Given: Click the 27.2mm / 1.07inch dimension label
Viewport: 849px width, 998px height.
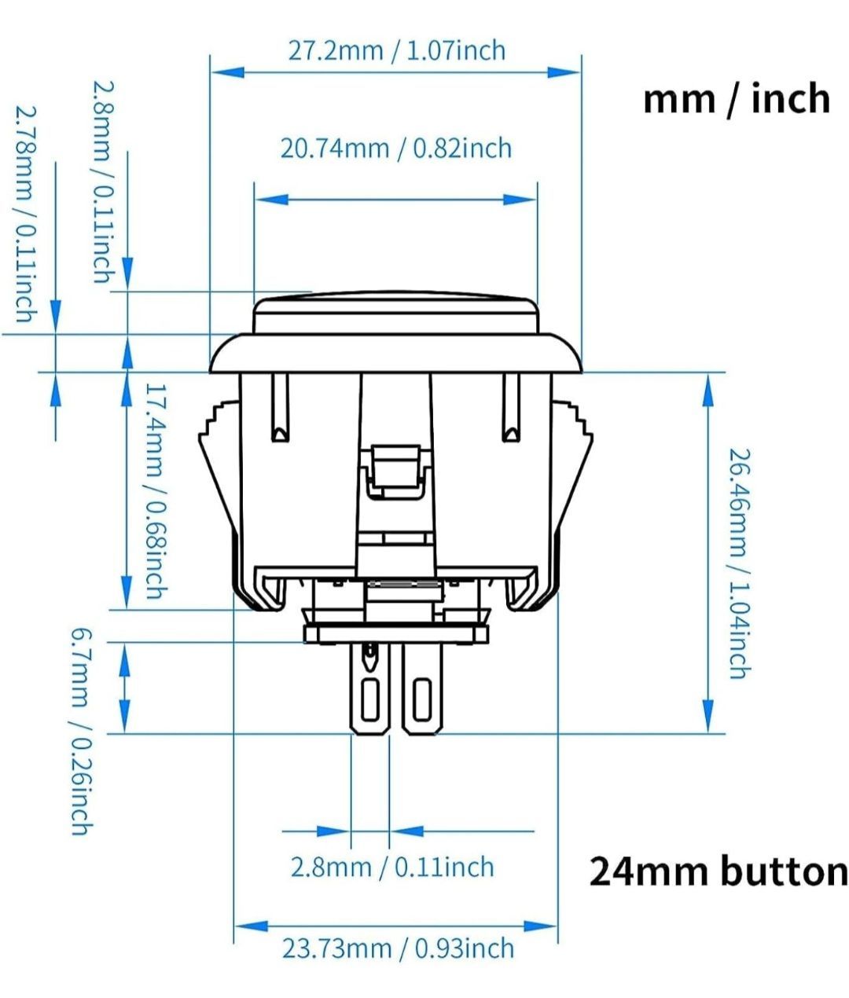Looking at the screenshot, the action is click(x=396, y=51).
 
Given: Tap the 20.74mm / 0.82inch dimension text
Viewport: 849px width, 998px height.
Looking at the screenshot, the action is click(x=396, y=149).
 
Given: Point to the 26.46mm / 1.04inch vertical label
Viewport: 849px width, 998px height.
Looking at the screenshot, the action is click(x=740, y=563).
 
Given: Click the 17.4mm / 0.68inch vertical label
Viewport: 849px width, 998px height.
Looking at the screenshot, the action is click(x=156, y=491).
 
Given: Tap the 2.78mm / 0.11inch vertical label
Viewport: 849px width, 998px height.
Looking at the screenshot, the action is click(x=26, y=214).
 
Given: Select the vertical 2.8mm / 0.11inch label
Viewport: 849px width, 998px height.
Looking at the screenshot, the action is click(x=104, y=182).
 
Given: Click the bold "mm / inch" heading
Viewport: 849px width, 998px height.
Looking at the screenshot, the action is click(x=737, y=99).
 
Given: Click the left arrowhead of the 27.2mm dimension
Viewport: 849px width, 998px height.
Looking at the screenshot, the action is click(x=227, y=72).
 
